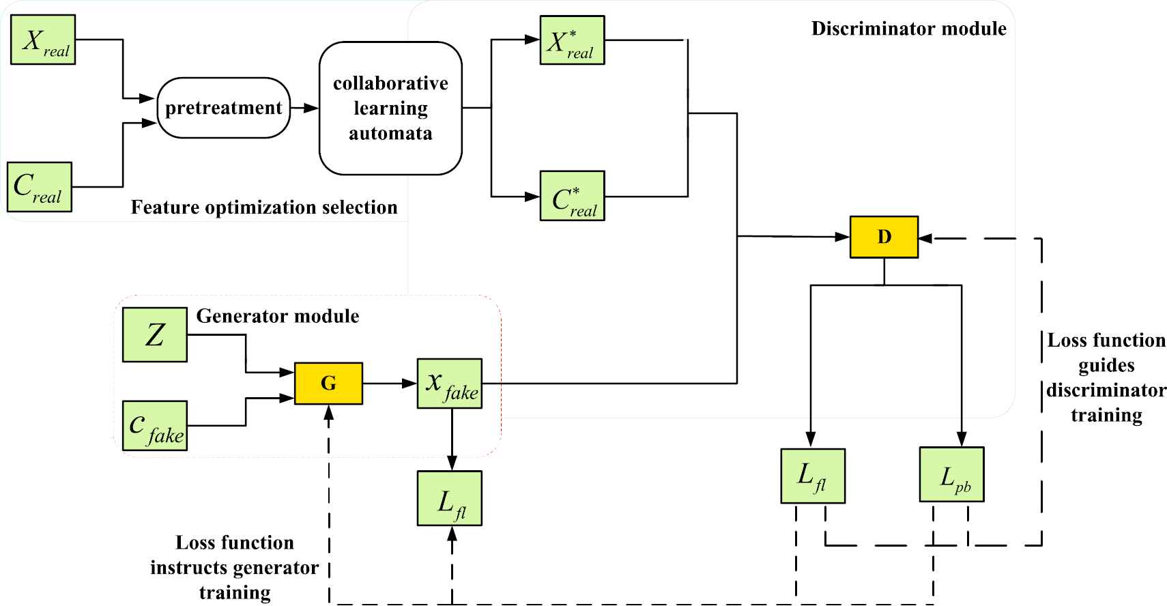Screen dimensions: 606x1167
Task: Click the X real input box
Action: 43,40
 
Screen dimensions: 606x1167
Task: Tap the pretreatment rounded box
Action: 224,108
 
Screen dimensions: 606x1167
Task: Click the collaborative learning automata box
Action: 390,108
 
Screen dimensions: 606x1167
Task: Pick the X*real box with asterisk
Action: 572,40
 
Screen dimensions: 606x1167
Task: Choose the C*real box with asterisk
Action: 572,196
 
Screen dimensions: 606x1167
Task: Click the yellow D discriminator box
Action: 884,237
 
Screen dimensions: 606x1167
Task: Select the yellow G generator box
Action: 328,384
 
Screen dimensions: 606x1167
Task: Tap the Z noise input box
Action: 155,334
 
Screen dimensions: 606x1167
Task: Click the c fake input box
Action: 155,426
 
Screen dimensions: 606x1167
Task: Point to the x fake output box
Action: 450,384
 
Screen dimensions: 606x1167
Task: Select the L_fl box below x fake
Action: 450,498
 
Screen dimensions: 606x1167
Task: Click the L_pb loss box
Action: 952,475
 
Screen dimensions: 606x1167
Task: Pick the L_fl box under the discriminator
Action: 813,476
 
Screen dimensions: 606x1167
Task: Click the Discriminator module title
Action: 908,29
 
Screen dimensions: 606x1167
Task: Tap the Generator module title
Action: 277,316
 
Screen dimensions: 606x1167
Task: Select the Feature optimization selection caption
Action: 263,207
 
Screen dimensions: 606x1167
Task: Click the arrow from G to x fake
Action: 390,384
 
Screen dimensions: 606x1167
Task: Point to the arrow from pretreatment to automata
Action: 304,108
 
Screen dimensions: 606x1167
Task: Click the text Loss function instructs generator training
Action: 234,567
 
